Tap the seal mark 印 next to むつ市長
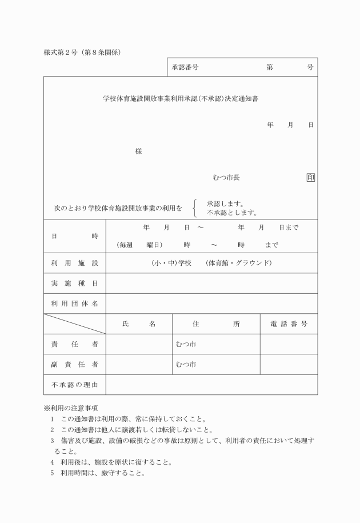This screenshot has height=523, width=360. click(x=310, y=178)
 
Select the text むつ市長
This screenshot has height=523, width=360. click(x=226, y=178)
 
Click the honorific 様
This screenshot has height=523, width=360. click(x=138, y=151)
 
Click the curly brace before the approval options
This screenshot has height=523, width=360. click(x=195, y=208)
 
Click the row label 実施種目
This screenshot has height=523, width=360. click(x=75, y=284)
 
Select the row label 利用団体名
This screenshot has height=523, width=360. click(x=75, y=304)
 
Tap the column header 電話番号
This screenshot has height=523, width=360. click(x=289, y=324)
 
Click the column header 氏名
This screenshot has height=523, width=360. click(x=139, y=324)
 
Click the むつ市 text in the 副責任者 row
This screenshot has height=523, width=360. click(x=186, y=364)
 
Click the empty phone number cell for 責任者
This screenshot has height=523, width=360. click(x=289, y=344)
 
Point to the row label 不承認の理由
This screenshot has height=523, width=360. click(x=75, y=385)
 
